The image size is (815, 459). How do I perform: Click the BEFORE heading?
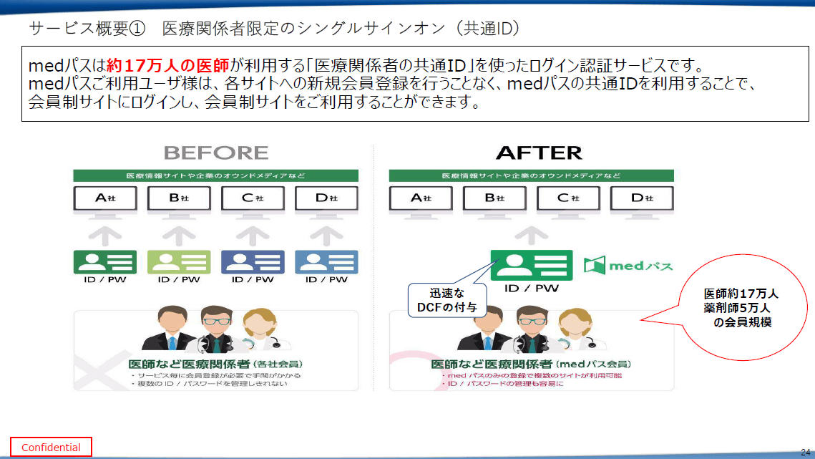click(x=216, y=153)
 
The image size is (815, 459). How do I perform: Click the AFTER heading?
click(x=539, y=153)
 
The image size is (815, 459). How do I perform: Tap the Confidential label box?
click(x=51, y=448)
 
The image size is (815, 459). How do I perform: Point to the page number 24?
click(x=805, y=452)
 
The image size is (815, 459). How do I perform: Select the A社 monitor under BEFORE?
click(x=105, y=198)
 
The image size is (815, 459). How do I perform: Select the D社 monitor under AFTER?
click(x=642, y=198)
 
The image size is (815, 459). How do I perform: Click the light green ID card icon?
click(x=179, y=262)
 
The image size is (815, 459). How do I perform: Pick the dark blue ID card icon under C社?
click(x=253, y=262)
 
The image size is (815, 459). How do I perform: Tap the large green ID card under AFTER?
click(x=531, y=266)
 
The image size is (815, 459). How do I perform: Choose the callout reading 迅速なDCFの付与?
click(x=447, y=301)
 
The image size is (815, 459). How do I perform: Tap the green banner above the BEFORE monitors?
click(x=215, y=175)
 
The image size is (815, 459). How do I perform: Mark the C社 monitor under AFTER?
click(x=568, y=198)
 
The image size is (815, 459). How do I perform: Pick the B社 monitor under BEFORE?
click(x=179, y=198)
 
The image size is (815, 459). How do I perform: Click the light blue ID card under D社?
click(x=326, y=262)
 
